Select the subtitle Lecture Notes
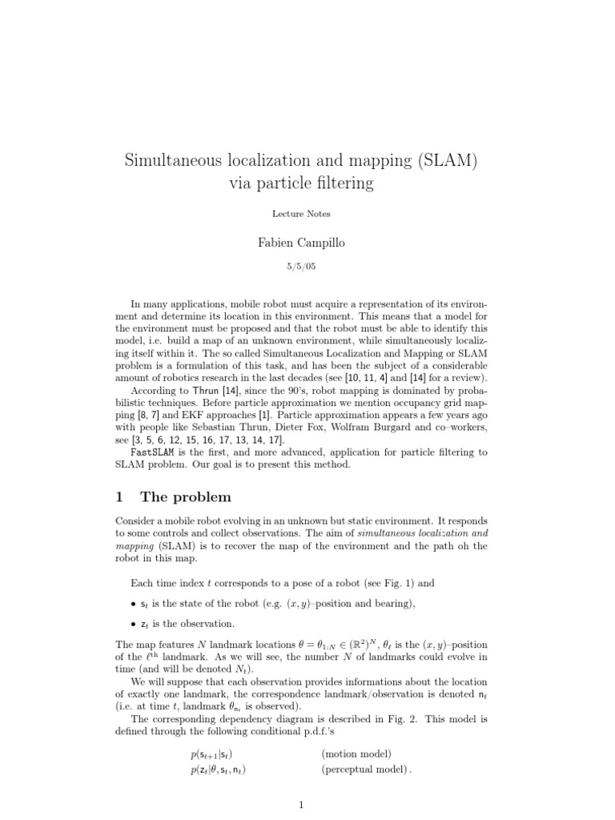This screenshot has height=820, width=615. click(x=301, y=214)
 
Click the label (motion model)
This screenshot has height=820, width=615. click(x=356, y=754)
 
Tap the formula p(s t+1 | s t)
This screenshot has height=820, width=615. click(x=211, y=754)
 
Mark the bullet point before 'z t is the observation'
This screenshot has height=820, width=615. click(x=132, y=623)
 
